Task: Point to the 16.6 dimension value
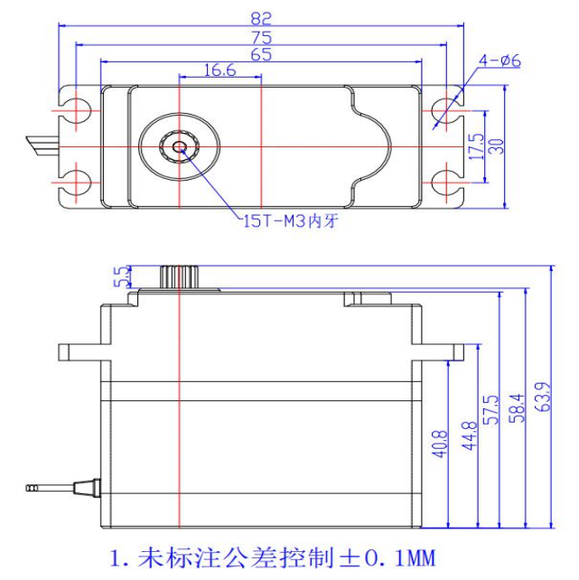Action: click(219, 70)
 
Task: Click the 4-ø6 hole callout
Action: click(500, 61)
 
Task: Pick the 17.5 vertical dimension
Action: click(477, 146)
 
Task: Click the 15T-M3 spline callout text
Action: click(289, 221)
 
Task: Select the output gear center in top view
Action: click(180, 146)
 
